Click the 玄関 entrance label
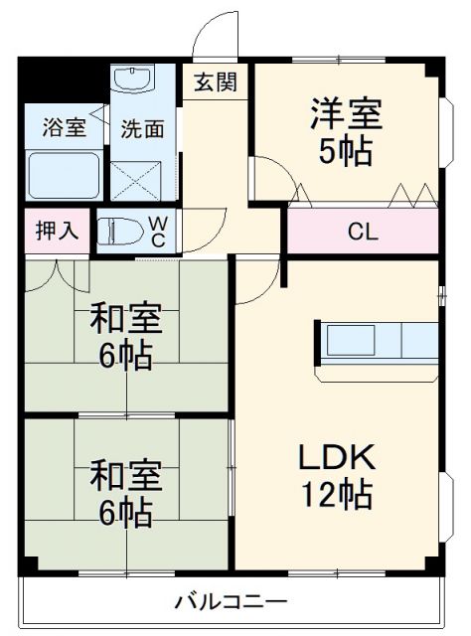[x=215, y=82]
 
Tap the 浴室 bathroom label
[x=63, y=128]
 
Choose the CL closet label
[x=363, y=233]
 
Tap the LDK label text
[x=337, y=458]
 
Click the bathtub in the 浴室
[x=63, y=175]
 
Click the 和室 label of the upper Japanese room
[x=122, y=320]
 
